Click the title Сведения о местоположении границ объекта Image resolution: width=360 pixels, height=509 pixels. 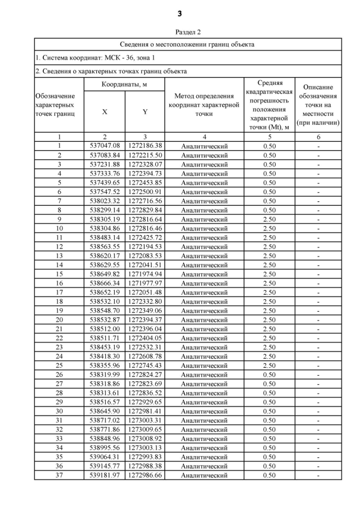[188, 44]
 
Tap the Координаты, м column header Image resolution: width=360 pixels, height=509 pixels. [124, 84]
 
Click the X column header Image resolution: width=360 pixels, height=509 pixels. [105, 111]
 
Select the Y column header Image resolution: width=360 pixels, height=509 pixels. [145, 111]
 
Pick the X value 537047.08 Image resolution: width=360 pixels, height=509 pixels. [105, 146]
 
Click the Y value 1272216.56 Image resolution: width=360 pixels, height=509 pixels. [145, 201]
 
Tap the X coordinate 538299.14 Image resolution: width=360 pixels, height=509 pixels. [105, 210]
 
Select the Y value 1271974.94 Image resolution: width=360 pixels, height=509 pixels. [145, 274]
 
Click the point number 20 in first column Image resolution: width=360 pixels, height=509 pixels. [59, 319]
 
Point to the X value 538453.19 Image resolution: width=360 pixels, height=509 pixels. [105, 347]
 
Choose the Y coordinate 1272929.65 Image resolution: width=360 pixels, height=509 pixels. [145, 402]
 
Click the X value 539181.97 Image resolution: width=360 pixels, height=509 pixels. [105, 475]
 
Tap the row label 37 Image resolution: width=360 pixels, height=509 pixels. [59, 475]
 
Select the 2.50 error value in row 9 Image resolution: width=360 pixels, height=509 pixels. [269, 219]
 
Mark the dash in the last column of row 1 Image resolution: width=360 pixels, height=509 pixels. [318, 146]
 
